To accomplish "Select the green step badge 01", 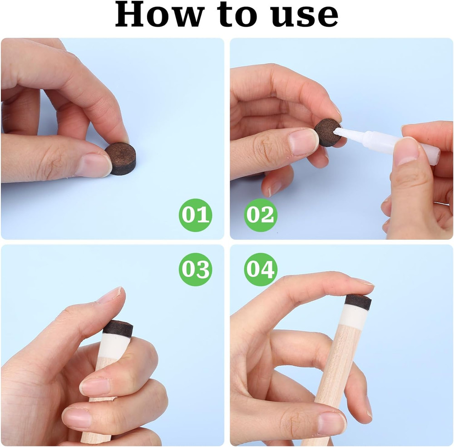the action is (195, 215).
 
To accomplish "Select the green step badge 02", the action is (261, 215).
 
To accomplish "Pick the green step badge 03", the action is (195, 270).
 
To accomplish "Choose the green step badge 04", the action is (261, 270).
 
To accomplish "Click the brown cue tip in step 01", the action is (121, 159).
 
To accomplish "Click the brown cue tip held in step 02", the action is (328, 133).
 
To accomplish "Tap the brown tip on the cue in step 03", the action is (118, 329).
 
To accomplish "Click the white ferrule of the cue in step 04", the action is (354, 318).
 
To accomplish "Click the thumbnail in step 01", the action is (94, 166).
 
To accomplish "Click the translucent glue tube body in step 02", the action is (402, 145).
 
